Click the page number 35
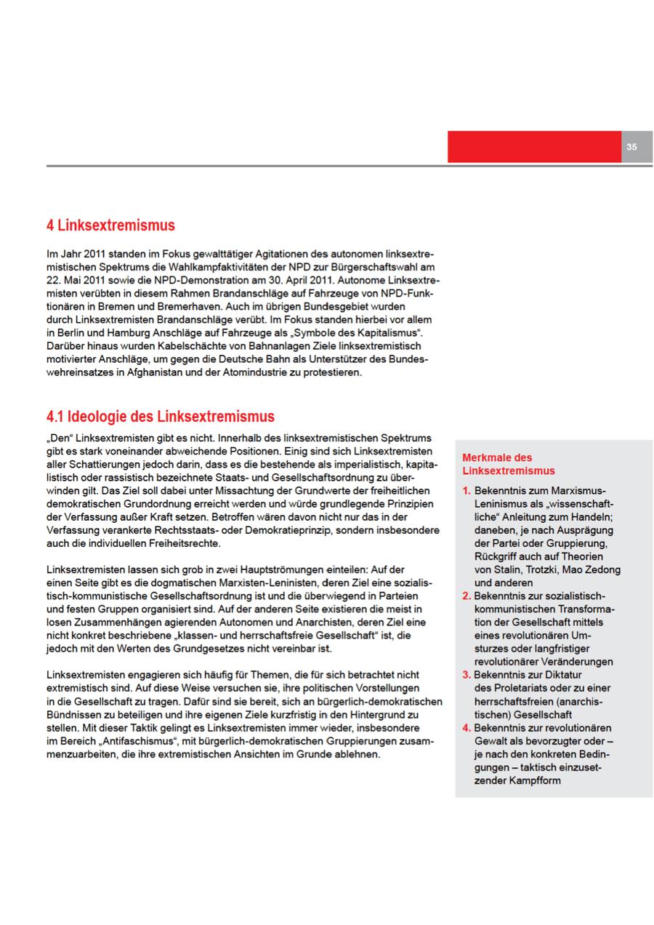631,147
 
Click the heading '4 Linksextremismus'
110,225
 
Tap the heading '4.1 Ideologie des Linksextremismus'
160,417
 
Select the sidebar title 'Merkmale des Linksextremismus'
508,464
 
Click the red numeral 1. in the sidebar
467,491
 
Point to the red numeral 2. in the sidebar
467,596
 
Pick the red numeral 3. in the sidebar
467,675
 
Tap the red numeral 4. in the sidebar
467,728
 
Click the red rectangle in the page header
534,147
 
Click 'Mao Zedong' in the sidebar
591,569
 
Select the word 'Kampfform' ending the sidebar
530,781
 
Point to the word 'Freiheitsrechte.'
181,544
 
